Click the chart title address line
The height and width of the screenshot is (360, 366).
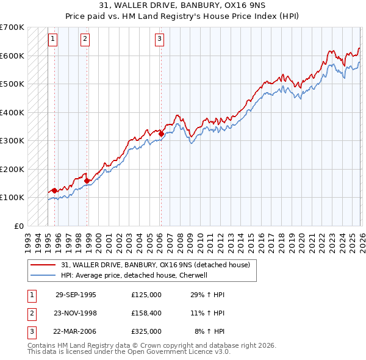[x=182, y=6]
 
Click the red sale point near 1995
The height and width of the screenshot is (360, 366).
[x=55, y=190]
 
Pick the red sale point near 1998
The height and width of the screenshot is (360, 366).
[x=87, y=181]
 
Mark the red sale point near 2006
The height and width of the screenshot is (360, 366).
[x=161, y=133]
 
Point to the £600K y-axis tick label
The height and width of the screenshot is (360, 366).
[x=12, y=56]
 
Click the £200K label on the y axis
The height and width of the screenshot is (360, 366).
[x=12, y=169]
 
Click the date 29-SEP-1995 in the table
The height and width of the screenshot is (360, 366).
[x=76, y=295]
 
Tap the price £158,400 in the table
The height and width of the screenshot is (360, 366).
[x=146, y=313]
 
